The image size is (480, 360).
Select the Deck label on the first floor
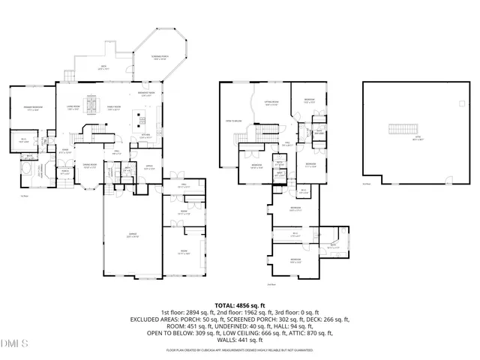point(104,68)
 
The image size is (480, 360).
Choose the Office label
point(149,168)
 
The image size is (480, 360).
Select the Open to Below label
point(233,121)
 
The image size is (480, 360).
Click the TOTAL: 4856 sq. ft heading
point(239,305)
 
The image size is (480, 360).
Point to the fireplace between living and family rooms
point(91,106)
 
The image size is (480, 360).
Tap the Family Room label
point(114,109)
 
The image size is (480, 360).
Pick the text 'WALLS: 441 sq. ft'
point(239,340)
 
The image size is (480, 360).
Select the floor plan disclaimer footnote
point(239,350)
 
